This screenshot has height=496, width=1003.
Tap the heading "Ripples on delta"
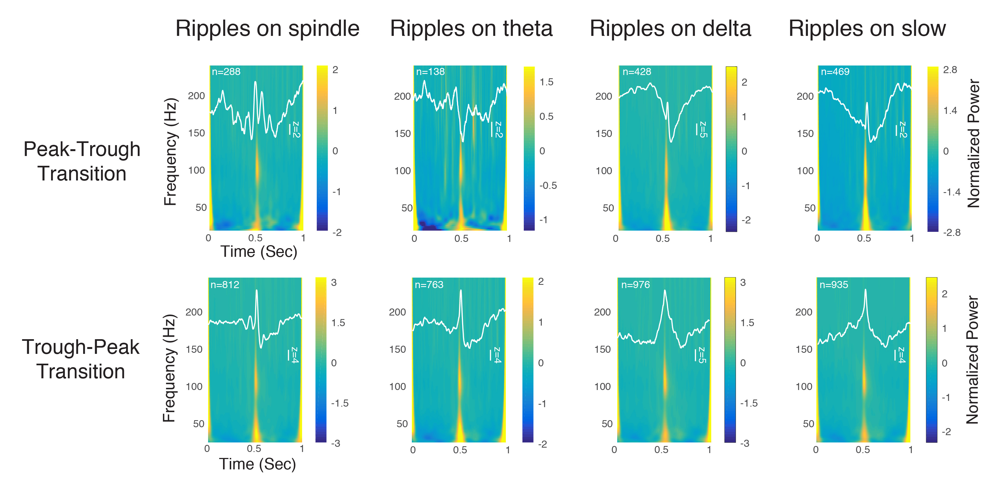pos(670,29)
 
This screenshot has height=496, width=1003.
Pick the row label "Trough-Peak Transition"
pos(81,359)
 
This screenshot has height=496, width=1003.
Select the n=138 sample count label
pos(430,72)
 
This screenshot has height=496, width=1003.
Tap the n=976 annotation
pos(635,285)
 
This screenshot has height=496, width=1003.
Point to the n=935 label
pos(834,285)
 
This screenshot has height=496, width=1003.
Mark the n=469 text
pos(835,72)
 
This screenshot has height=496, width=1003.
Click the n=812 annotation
pos(225,285)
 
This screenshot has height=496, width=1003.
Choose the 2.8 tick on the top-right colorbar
pos(950,70)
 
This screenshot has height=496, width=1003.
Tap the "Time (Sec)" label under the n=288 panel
pos(259,252)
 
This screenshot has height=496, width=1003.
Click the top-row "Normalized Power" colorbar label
pos(973,144)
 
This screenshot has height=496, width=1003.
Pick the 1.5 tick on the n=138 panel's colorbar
pos(546,82)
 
